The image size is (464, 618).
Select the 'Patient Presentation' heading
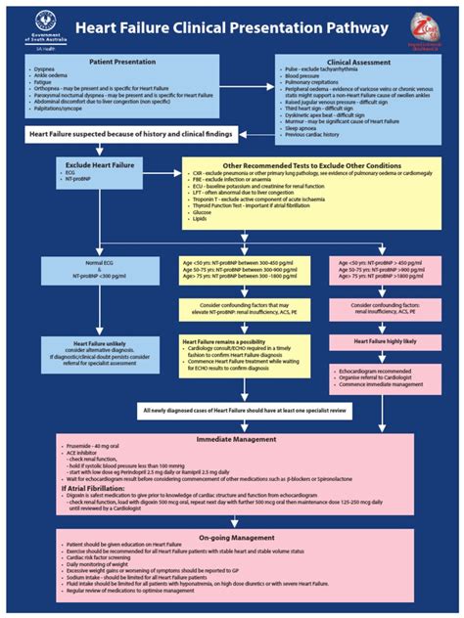[x=122, y=61]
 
